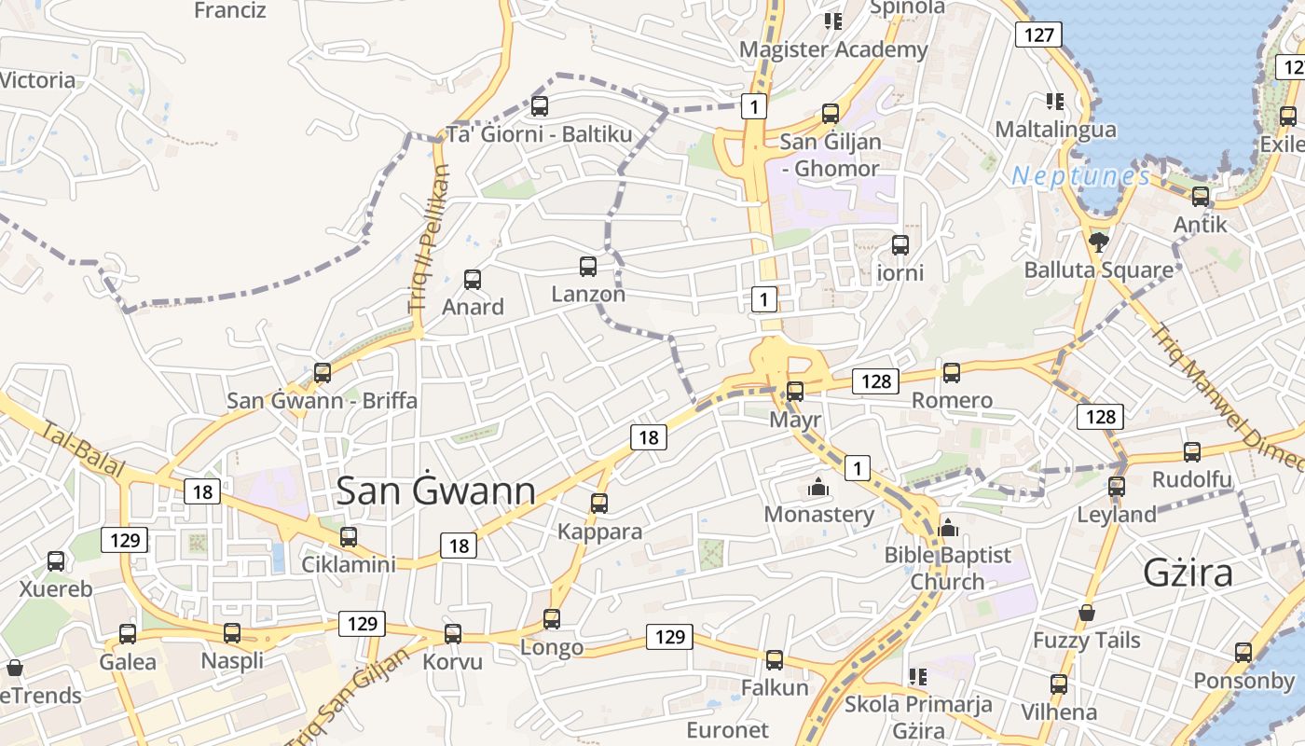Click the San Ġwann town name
tap(435, 490)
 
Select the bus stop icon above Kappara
tap(599, 504)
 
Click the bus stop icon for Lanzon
tap(588, 267)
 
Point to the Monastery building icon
tap(818, 487)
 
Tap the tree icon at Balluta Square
tap(1098, 242)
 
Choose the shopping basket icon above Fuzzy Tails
tap(1086, 613)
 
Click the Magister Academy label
tap(833, 49)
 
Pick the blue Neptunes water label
tap(1080, 175)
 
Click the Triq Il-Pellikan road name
tap(429, 240)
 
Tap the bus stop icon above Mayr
tap(795, 392)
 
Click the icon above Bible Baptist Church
tap(948, 528)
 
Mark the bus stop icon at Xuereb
tap(56, 561)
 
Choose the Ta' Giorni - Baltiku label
tap(539, 134)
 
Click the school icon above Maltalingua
tap(1055, 101)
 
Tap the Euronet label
tap(727, 729)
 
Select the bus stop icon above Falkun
tap(775, 660)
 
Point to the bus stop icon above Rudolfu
tap(1192, 452)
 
